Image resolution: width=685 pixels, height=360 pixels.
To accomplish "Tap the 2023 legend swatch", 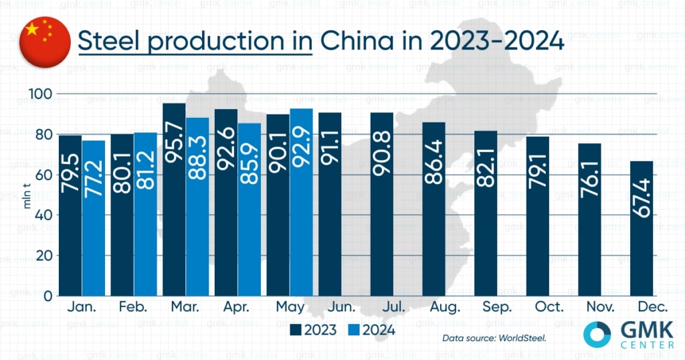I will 295,329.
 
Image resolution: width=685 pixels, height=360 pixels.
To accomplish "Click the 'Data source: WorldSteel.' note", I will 494,338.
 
